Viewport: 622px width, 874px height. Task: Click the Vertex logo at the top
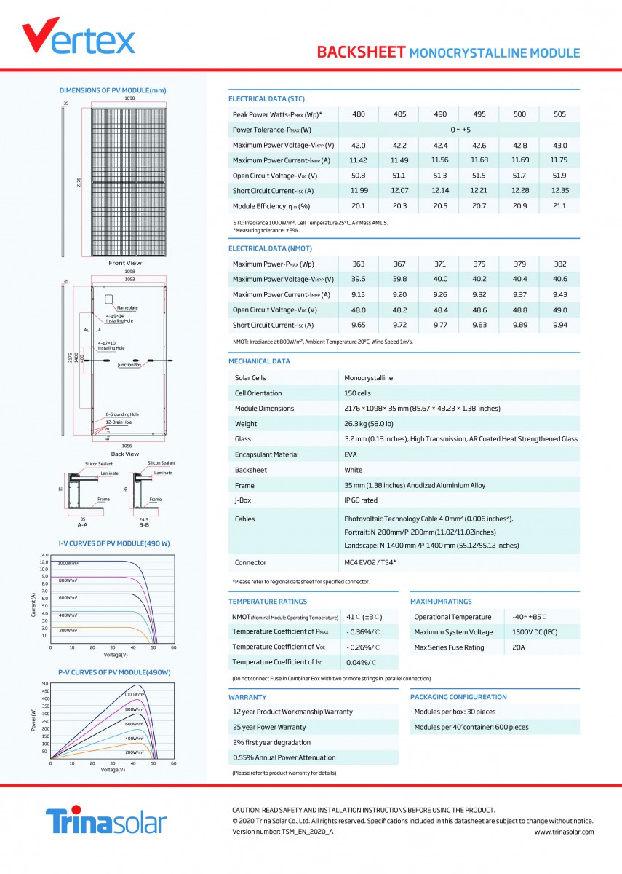pos(78,38)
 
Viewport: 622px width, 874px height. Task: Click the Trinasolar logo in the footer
pos(106,822)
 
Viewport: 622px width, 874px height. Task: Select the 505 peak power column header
pos(559,114)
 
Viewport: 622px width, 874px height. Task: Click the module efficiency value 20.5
pos(439,206)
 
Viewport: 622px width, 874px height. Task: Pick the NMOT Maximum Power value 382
pos(559,264)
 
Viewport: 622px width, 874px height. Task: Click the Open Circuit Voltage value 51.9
pos(559,176)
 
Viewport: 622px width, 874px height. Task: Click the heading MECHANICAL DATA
pos(259,361)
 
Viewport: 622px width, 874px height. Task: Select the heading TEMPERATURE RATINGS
pos(268,602)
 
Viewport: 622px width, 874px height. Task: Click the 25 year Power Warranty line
pos(269,727)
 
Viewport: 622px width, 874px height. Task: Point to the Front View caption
pos(125,263)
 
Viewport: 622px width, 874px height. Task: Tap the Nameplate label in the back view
pos(127,307)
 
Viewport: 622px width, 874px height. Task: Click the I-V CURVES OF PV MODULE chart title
pos(114,544)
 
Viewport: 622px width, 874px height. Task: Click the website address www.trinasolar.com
pos(564,831)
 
